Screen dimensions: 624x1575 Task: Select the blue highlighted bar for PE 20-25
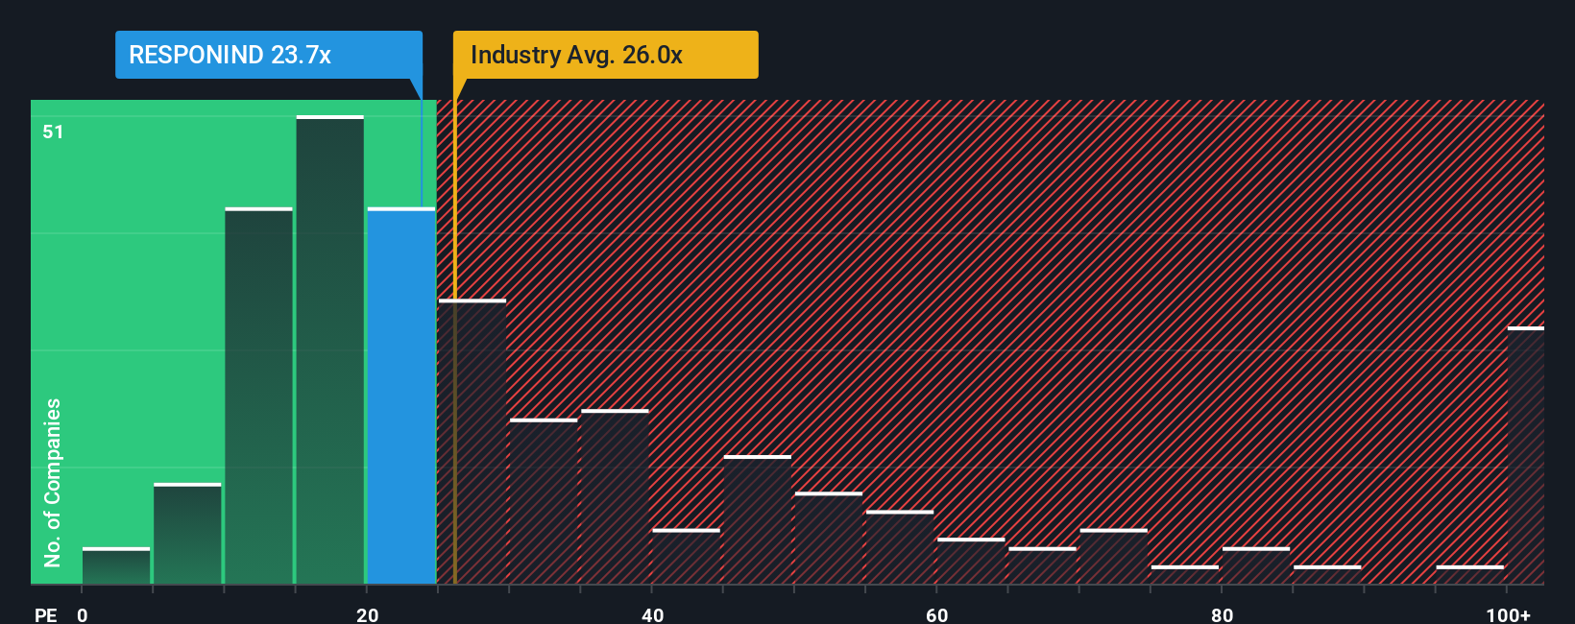click(401, 396)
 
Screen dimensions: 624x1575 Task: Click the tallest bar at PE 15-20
click(330, 349)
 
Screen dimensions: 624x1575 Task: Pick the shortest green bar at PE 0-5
click(116, 566)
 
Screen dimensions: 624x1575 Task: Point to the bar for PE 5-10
click(187, 534)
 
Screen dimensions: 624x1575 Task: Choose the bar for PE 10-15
click(258, 396)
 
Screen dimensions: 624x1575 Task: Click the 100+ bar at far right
click(1525, 456)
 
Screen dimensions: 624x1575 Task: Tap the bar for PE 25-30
click(472, 442)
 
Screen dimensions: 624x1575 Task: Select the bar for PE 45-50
click(758, 519)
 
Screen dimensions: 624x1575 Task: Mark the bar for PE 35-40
click(615, 496)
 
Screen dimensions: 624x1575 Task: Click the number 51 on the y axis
click(53, 132)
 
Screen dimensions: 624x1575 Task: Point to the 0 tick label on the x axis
click(83, 614)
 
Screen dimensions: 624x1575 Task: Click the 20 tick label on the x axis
click(367, 614)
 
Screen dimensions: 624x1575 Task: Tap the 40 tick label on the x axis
click(652, 614)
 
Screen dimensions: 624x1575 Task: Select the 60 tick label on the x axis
click(937, 614)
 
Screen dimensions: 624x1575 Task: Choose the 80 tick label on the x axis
click(1222, 614)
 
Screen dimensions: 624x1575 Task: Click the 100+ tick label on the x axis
click(1508, 614)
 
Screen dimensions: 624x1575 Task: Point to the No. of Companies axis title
click(53, 482)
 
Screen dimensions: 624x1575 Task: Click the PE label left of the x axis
click(45, 614)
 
